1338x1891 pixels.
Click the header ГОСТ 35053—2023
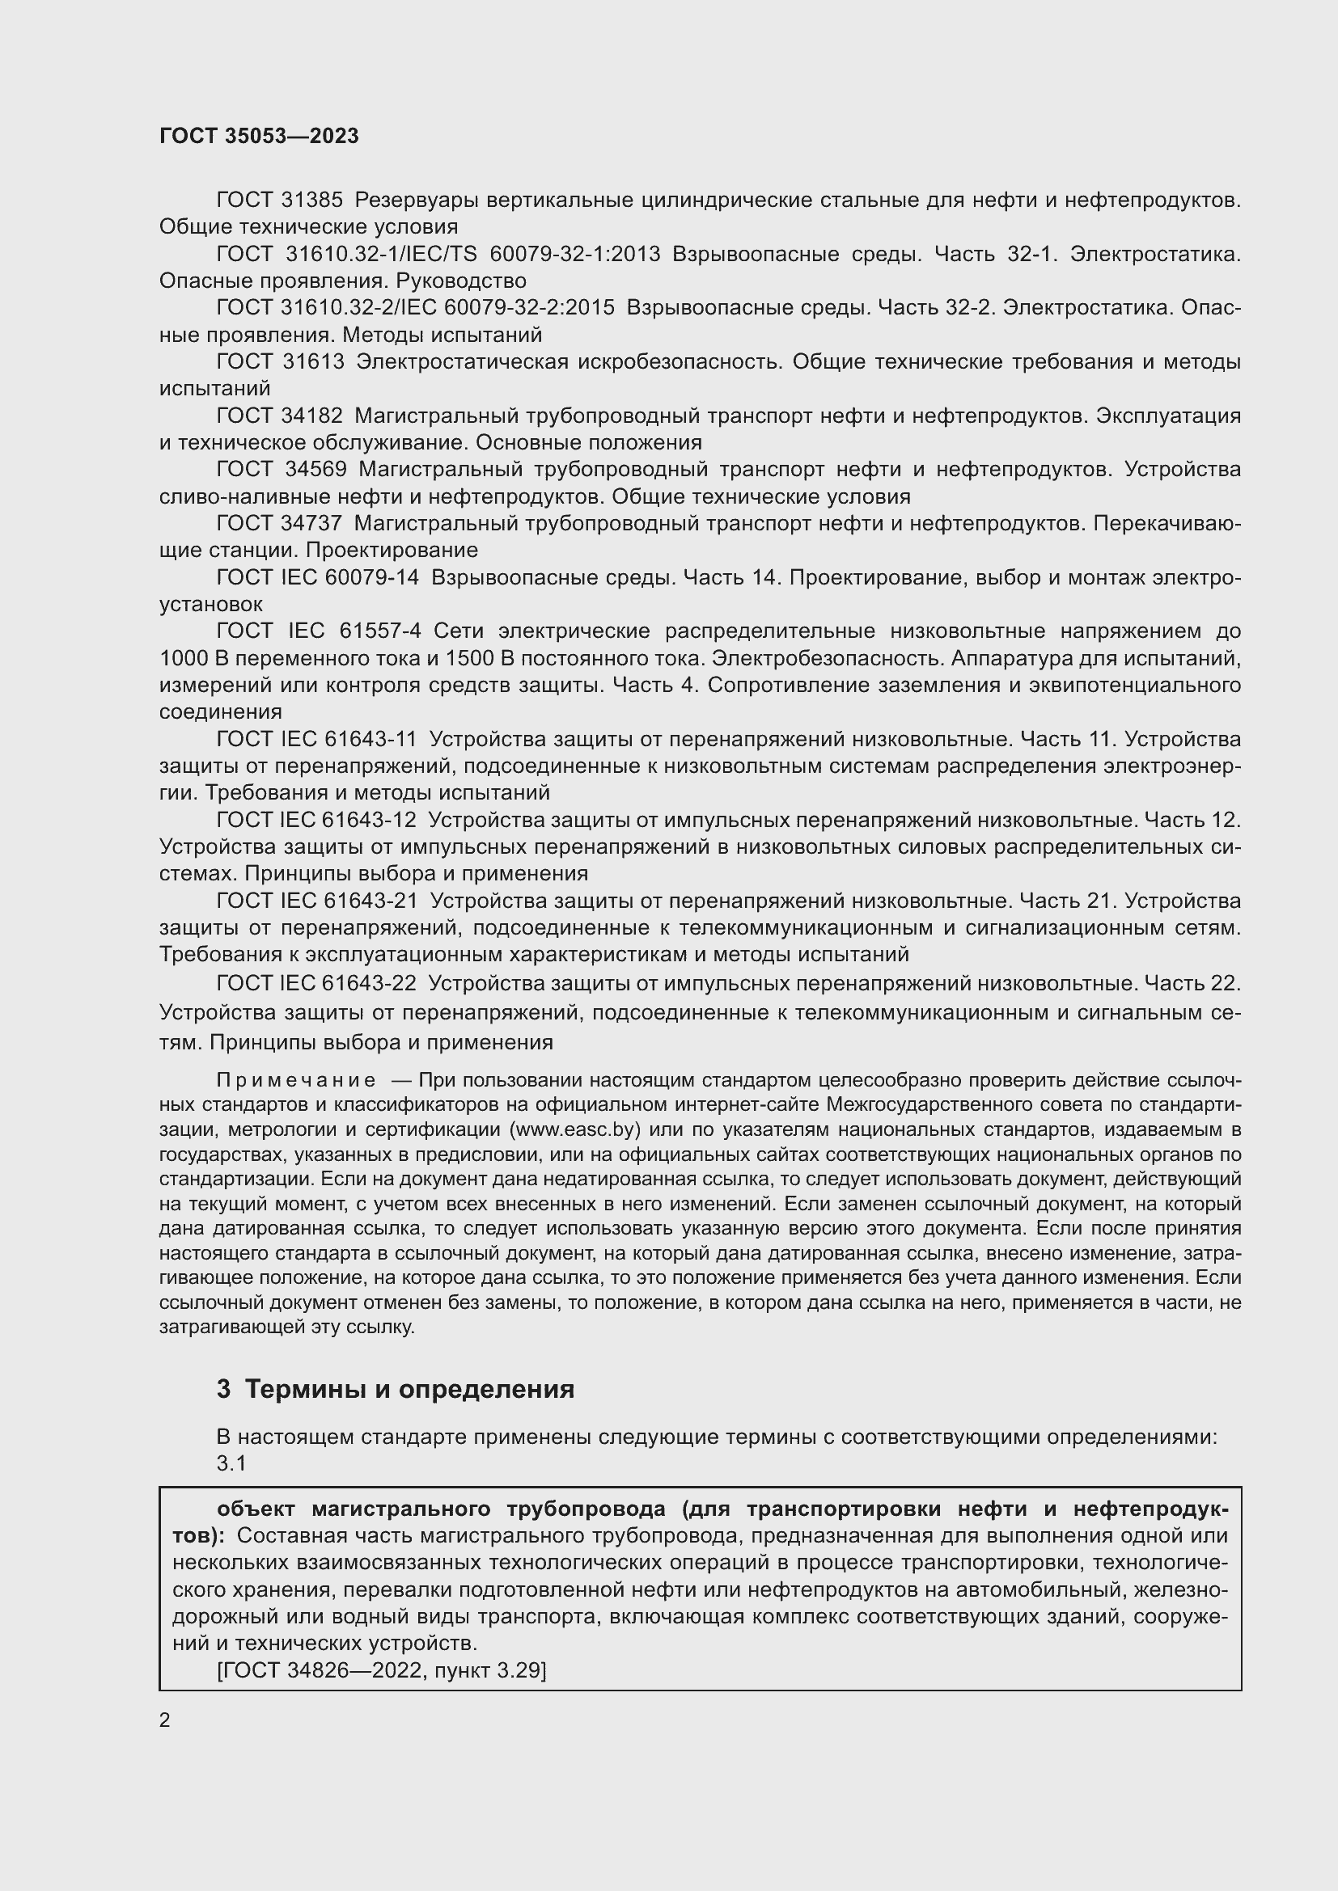259,136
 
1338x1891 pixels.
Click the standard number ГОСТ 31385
280,200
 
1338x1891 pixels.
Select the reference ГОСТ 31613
280,361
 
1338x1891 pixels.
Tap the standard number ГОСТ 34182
280,416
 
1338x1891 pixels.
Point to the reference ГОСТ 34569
281,470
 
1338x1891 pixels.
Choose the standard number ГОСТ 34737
280,523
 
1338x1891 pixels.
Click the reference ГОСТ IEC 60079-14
317,577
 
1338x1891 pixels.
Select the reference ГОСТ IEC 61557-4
319,631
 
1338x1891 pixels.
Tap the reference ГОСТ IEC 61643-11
316,739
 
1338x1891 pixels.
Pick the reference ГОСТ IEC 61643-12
316,820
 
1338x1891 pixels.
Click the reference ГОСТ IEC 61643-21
316,900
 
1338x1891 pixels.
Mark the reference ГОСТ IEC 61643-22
316,982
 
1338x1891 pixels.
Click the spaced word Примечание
296,1081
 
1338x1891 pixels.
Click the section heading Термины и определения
409,1391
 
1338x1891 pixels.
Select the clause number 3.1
231,1463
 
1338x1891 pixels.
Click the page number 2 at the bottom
165,1720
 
